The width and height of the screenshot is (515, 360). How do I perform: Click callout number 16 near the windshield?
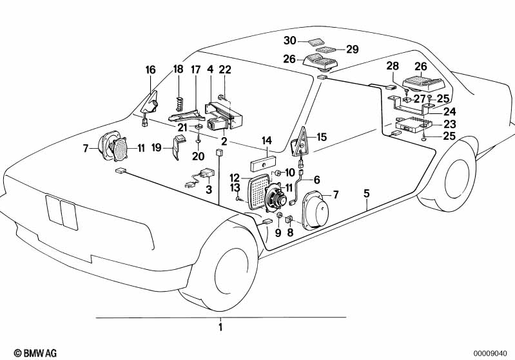[x=150, y=70]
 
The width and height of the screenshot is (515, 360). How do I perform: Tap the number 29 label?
[x=351, y=49]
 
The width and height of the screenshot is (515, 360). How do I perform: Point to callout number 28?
[x=393, y=66]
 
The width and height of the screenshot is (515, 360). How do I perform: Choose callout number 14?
[x=266, y=139]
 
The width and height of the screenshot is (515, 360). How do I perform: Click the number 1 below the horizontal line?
[x=220, y=327]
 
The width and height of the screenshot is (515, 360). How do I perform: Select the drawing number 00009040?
[x=492, y=352]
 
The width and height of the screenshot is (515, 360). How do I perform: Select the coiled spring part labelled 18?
[x=179, y=102]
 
